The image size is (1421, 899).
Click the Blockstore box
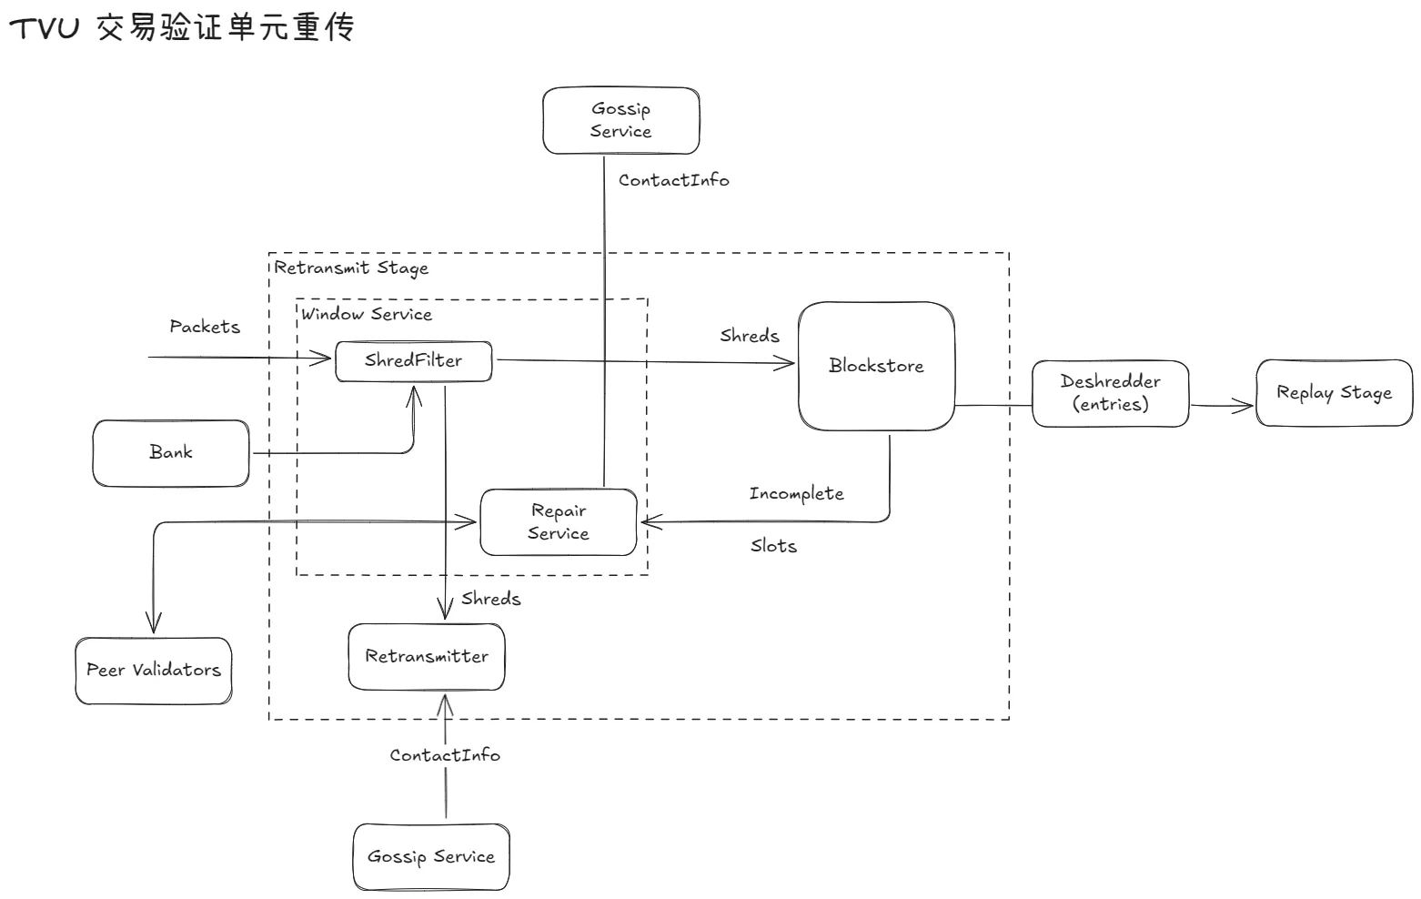point(876,366)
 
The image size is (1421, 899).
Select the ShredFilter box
point(414,360)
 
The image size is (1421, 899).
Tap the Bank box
point(171,452)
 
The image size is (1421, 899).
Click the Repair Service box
point(559,522)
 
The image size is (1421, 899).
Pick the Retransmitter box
point(427,656)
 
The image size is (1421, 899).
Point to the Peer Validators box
point(154,671)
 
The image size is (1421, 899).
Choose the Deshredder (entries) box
point(1110,393)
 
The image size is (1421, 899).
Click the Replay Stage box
point(1334,393)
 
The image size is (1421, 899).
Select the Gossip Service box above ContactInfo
point(621,120)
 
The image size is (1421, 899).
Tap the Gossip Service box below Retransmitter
point(431,856)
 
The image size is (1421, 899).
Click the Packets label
point(205,327)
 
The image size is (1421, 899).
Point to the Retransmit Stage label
point(351,268)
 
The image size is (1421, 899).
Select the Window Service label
point(367,315)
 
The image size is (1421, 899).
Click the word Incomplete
point(796,494)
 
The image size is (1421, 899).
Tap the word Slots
point(773,546)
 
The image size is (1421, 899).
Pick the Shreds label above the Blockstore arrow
point(750,336)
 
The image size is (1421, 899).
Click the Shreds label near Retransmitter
point(490,599)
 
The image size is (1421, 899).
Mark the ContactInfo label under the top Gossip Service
point(673,180)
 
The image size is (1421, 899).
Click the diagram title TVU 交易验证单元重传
point(181,28)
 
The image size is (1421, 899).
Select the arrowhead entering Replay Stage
point(1246,406)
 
